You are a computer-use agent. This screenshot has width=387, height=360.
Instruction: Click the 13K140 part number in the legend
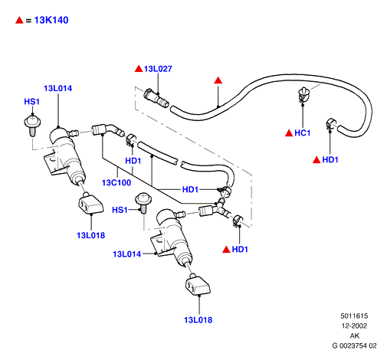(51, 20)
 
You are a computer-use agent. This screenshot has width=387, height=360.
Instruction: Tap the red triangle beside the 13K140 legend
(19, 20)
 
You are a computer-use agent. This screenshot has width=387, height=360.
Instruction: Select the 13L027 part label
(158, 69)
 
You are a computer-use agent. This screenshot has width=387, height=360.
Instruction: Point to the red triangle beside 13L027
(139, 69)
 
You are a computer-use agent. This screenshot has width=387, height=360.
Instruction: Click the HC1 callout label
(303, 133)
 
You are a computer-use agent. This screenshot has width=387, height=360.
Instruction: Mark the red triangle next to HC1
(289, 133)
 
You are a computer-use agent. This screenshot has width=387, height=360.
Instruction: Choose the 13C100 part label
(116, 182)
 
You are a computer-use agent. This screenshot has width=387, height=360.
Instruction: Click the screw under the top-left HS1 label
(32, 126)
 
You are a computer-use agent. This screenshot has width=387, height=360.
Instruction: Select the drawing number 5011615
(354, 316)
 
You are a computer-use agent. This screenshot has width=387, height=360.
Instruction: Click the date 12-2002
(354, 326)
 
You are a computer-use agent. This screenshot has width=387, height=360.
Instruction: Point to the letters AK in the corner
(355, 335)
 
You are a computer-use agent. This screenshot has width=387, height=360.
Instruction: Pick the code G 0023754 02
(354, 345)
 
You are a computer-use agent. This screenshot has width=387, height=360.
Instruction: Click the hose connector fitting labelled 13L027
(156, 99)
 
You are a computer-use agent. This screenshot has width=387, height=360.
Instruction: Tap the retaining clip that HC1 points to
(304, 95)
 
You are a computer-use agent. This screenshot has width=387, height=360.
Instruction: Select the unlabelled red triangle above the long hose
(218, 80)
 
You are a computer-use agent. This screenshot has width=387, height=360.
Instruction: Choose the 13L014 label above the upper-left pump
(58, 88)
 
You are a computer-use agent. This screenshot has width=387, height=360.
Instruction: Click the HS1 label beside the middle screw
(120, 210)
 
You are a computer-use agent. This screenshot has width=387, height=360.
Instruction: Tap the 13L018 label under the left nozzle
(91, 235)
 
